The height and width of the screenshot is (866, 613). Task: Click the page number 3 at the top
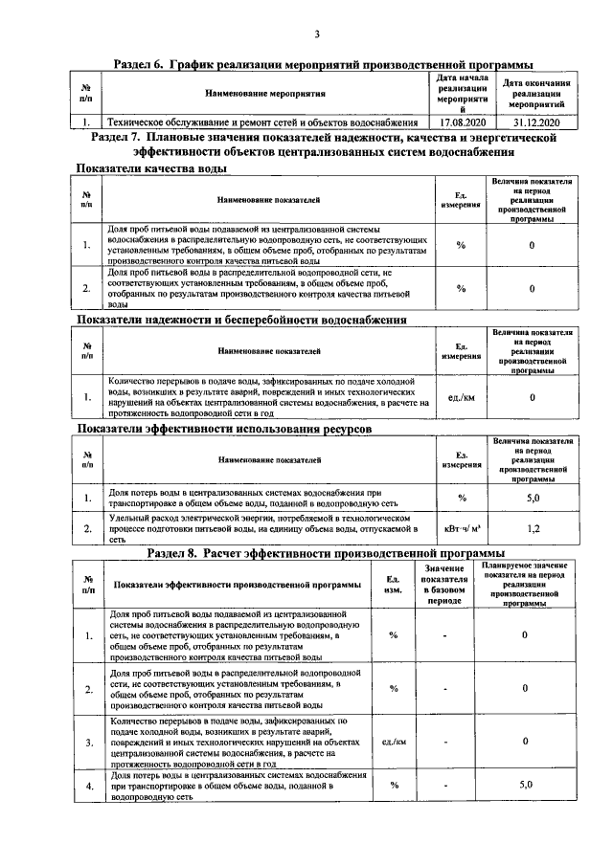click(315, 35)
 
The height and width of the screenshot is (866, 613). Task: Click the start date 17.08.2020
click(464, 122)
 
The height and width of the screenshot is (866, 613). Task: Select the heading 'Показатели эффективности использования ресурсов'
click(224, 430)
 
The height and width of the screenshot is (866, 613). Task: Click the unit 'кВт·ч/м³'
click(461, 527)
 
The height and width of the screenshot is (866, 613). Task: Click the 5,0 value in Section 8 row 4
click(525, 785)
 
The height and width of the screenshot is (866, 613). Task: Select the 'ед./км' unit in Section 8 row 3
click(394, 742)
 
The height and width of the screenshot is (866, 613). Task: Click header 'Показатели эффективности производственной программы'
click(237, 585)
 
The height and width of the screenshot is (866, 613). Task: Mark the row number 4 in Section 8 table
click(88, 785)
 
